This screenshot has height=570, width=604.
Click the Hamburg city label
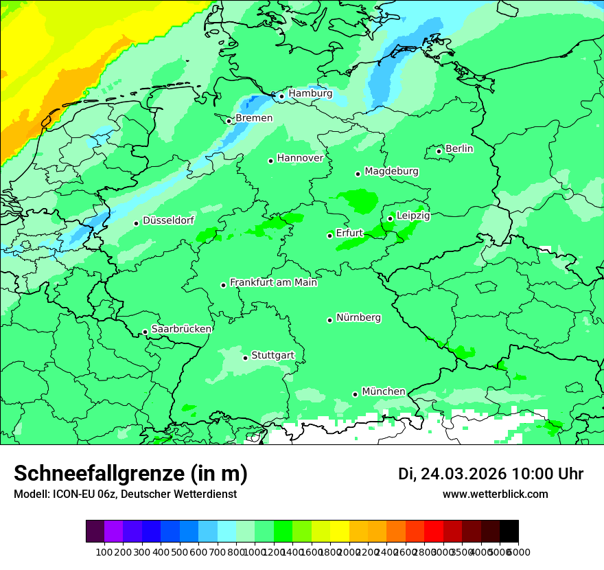pyautogui.click(x=310, y=93)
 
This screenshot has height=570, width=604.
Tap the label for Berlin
pyautogui.click(x=459, y=148)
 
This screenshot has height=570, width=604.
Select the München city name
pyautogui.click(x=383, y=391)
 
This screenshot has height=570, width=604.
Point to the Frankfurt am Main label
pyautogui.click(x=273, y=282)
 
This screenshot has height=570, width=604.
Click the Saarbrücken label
pyautogui.click(x=181, y=329)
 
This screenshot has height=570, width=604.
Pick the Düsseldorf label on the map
pyautogui.click(x=168, y=220)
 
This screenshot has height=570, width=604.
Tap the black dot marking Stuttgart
pyautogui.click(x=245, y=358)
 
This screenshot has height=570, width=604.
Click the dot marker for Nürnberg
pyautogui.click(x=330, y=320)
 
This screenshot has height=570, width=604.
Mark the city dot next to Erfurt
pyautogui.click(x=330, y=236)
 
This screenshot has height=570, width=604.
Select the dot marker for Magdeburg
pyautogui.click(x=358, y=174)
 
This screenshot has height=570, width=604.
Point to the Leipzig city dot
pyautogui.click(x=391, y=218)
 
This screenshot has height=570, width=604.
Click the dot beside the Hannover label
pyautogui.click(x=271, y=161)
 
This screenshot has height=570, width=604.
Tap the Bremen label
pyautogui.click(x=254, y=118)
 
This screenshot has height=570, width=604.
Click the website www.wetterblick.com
pyautogui.click(x=495, y=494)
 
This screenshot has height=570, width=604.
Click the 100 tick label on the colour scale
pyautogui.click(x=104, y=551)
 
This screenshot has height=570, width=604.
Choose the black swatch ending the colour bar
pyautogui.click(x=509, y=532)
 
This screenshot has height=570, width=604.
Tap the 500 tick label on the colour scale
pyautogui.click(x=179, y=551)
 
